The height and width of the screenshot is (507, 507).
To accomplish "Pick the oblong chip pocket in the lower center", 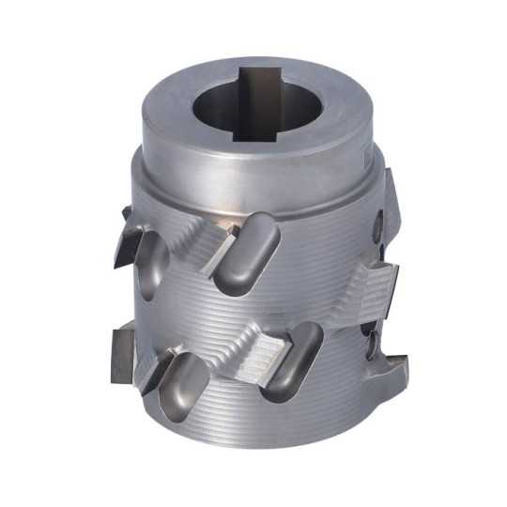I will (292, 362).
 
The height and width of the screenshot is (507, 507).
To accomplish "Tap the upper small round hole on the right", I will (377, 223).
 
